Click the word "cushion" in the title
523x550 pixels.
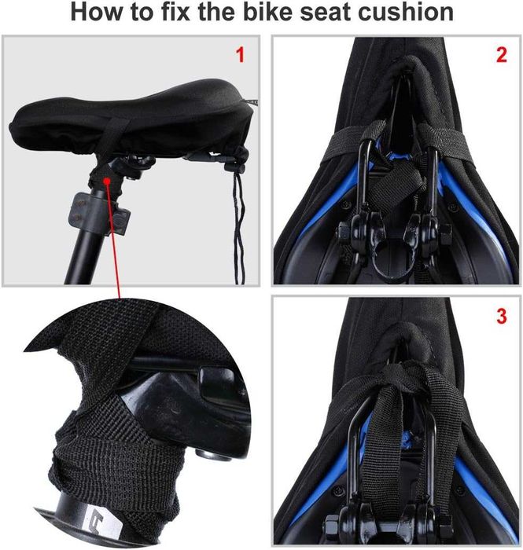pyautogui.click(x=406, y=13)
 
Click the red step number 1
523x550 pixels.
pyautogui.click(x=240, y=55)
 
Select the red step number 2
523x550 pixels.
pyautogui.click(x=502, y=55)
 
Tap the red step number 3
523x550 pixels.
pyautogui.click(x=502, y=316)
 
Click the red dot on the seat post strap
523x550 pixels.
pyautogui.click(x=107, y=181)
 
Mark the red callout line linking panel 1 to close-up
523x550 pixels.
pyautogui.click(x=113, y=240)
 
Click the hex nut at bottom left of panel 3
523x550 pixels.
pyautogui.click(x=331, y=526)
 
